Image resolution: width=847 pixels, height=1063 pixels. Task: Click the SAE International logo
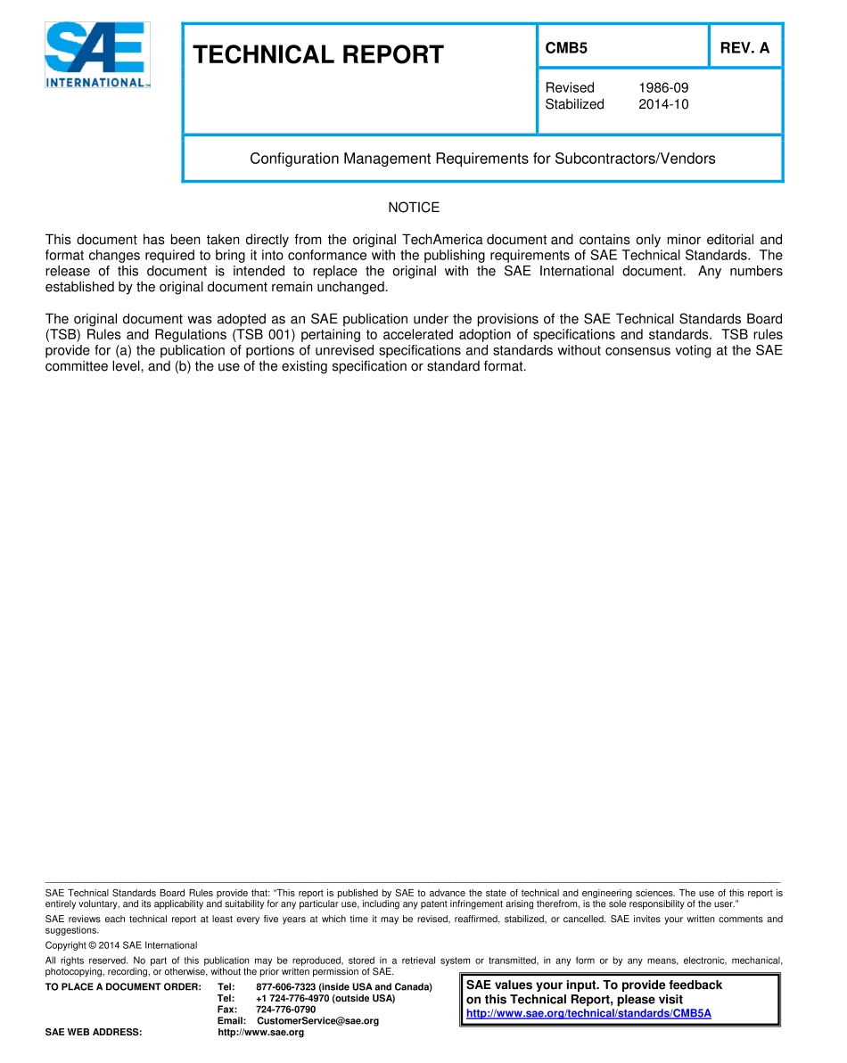click(x=97, y=54)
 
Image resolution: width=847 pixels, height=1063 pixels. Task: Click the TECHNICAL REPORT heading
click(x=317, y=55)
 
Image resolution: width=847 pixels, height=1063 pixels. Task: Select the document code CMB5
click(x=566, y=49)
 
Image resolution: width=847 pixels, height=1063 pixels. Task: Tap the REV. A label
click(x=744, y=49)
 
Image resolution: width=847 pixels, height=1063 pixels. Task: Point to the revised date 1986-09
click(x=663, y=87)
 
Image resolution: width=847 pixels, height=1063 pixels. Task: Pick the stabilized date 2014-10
click(x=663, y=104)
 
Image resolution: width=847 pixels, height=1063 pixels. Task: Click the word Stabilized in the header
click(x=574, y=104)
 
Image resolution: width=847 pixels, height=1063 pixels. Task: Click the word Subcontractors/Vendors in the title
click(x=634, y=159)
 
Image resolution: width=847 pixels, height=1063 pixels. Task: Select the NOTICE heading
click(x=414, y=208)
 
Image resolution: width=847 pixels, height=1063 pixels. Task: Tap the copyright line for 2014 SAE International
click(x=121, y=945)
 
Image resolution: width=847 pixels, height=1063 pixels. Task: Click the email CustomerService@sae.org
click(x=317, y=1021)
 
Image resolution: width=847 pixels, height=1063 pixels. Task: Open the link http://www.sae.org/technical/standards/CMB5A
click(x=588, y=1014)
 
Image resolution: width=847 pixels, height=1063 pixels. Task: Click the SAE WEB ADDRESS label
click(x=94, y=1033)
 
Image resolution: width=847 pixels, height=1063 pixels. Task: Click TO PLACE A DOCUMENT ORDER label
click(x=123, y=987)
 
